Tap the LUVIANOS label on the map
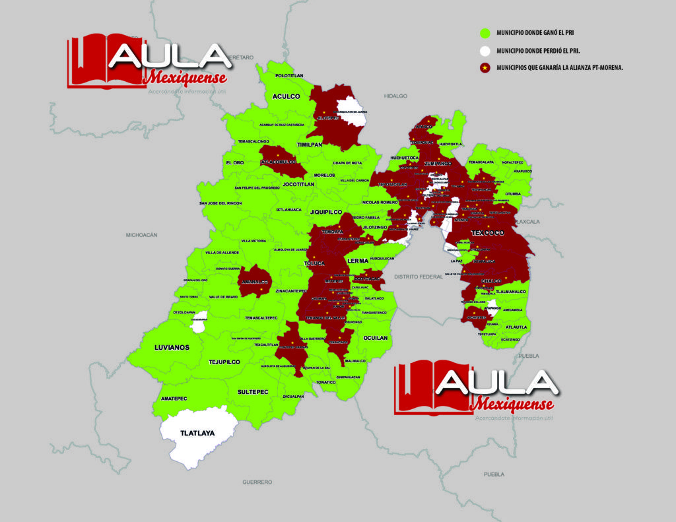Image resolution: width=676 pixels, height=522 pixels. point(172,347)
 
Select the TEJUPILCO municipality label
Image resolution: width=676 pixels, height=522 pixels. point(224,362)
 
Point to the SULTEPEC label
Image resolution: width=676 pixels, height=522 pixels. point(253,392)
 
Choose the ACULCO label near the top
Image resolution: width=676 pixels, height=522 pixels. point(286,96)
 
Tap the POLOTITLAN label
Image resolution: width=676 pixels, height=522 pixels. point(289,76)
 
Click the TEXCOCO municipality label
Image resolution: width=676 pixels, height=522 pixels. point(488,234)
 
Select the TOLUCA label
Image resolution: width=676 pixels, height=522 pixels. point(315,264)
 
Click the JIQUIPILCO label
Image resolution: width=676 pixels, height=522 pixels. point(325,212)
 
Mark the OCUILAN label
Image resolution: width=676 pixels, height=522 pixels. point(376,337)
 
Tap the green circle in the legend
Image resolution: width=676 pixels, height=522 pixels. point(485,32)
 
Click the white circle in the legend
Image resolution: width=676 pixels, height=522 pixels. point(485,50)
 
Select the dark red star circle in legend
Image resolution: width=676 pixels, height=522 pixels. point(485,67)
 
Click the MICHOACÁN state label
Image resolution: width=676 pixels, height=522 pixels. point(142,235)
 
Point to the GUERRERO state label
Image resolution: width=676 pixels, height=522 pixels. point(257,482)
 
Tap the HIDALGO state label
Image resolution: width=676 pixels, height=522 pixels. point(396,96)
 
